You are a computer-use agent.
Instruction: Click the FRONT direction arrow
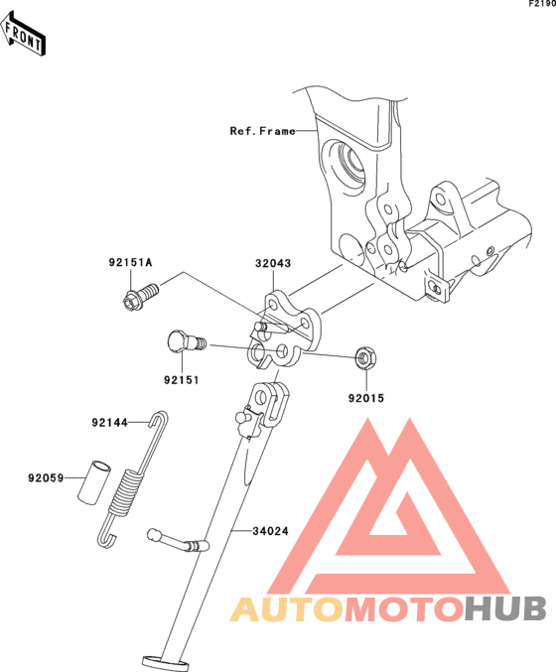(23, 34)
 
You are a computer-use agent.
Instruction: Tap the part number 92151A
(130, 262)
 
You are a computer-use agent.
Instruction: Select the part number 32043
(273, 263)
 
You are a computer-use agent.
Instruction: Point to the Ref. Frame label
(263, 131)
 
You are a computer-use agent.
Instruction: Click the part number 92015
(366, 398)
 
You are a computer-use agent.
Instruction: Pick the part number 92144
(110, 423)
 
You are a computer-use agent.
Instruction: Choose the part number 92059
(46, 477)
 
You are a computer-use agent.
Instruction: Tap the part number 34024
(270, 531)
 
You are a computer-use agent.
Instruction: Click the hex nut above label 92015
(366, 358)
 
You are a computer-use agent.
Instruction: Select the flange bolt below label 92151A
(140, 297)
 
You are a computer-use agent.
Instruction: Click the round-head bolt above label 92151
(186, 341)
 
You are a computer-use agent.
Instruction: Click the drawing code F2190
(542, 4)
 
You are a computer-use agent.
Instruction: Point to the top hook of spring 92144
(159, 418)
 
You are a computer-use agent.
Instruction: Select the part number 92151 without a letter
(182, 380)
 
